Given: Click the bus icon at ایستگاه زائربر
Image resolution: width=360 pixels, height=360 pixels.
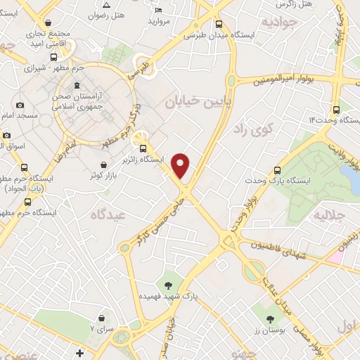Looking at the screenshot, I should tap(143, 148).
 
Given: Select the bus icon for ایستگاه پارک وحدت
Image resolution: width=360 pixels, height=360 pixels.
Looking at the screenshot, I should tap(277, 170).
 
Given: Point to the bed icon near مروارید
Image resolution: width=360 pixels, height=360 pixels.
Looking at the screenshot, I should tap(158, 10).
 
